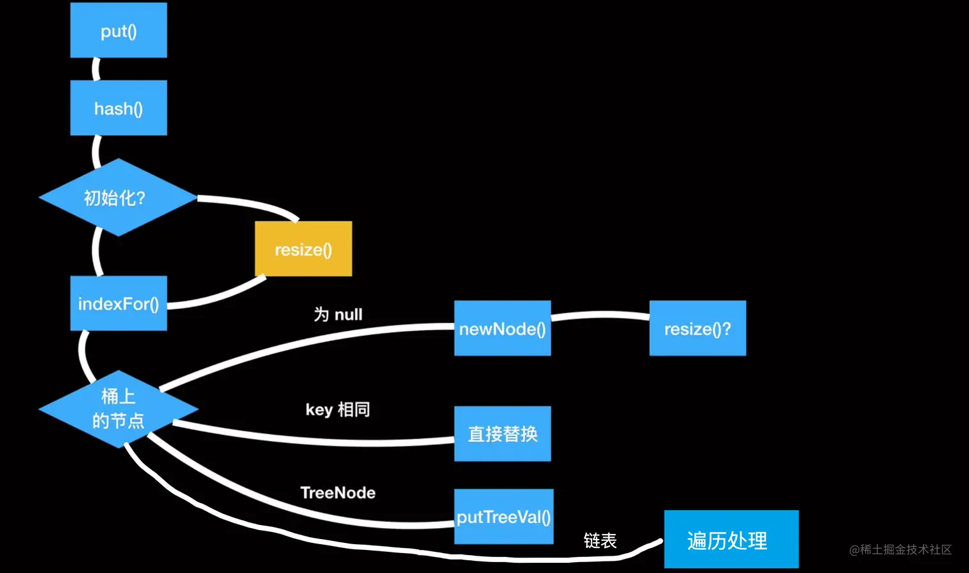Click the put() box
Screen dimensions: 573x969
click(x=119, y=30)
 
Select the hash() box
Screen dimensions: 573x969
click(x=119, y=108)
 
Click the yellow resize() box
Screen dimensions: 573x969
click(x=303, y=249)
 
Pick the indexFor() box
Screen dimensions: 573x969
click(x=119, y=303)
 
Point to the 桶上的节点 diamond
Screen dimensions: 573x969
click(x=119, y=408)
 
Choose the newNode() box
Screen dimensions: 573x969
click(x=502, y=328)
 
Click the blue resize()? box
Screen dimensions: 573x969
click(x=697, y=328)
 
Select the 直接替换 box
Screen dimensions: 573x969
click(x=502, y=434)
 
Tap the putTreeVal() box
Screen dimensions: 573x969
click(x=504, y=517)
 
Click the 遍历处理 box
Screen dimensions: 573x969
click(x=731, y=540)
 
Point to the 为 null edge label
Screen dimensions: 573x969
click(x=338, y=314)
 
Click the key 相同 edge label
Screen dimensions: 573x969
click(x=338, y=410)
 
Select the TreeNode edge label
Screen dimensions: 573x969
click(x=338, y=492)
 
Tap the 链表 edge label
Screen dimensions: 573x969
click(x=600, y=540)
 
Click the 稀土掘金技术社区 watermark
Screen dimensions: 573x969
click(x=900, y=549)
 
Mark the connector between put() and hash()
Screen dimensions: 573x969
click(x=96, y=69)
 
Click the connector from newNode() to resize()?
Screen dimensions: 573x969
click(x=600, y=315)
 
